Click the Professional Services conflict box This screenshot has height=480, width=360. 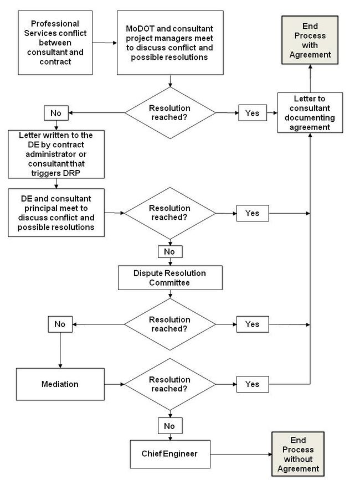click(55, 43)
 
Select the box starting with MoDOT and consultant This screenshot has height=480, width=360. click(170, 43)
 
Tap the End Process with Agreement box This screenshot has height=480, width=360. click(310, 40)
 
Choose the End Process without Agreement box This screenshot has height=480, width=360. click(298, 455)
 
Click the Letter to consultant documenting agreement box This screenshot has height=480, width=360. click(310, 112)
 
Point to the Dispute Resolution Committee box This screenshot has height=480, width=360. click(170, 278)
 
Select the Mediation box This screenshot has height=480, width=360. click(60, 384)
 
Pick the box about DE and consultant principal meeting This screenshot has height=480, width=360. click(56, 213)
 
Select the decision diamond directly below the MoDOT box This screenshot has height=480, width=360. click(170, 113)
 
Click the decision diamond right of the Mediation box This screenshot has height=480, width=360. click(170, 384)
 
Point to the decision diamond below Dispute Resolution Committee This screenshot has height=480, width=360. click(170, 324)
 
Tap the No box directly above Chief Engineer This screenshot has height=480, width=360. click(170, 426)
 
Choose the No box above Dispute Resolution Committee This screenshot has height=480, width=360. click(170, 252)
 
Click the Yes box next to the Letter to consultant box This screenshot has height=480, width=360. click(253, 112)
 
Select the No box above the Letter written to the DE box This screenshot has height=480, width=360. click(56, 113)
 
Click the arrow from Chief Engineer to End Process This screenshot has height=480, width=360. click(241, 455)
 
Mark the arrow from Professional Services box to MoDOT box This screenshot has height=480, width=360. click(105, 43)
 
